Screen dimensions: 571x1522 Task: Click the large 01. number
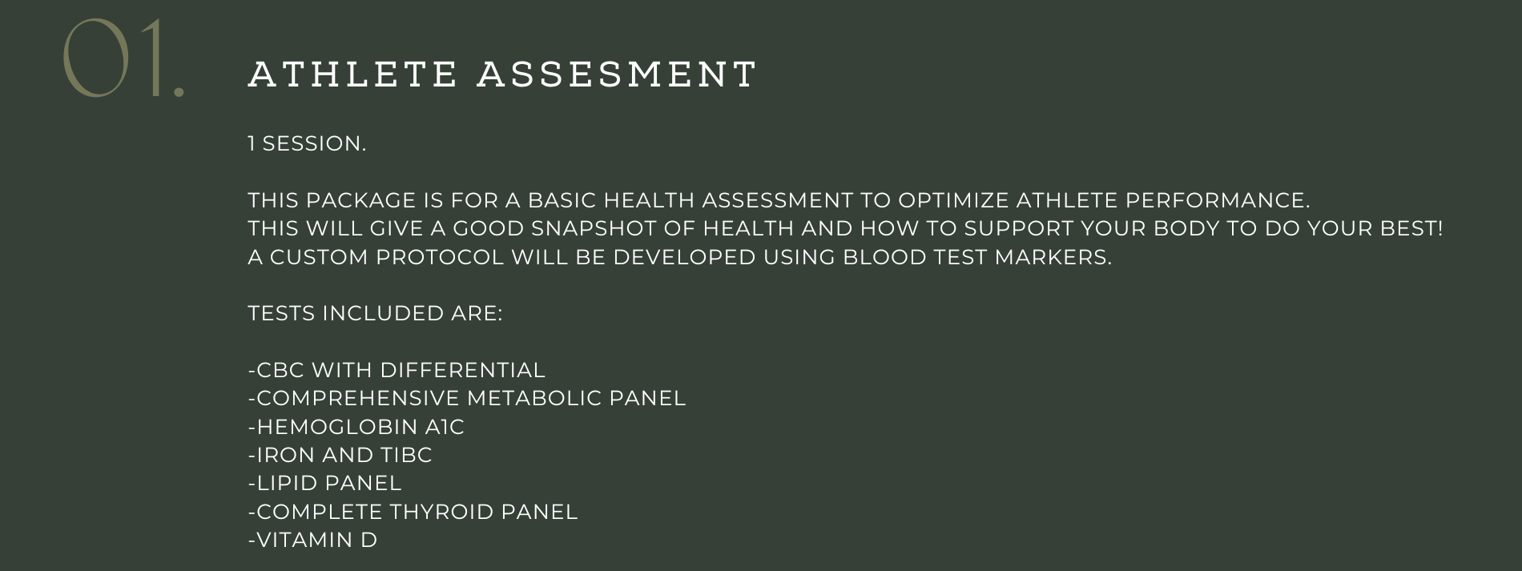[x=123, y=59]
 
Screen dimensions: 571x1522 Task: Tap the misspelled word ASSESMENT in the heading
[x=617, y=74]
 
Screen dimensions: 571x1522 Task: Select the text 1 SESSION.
[x=307, y=144]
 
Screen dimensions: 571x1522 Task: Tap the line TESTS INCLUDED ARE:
[x=375, y=314]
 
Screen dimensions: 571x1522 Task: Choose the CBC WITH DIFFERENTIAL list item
[x=397, y=371]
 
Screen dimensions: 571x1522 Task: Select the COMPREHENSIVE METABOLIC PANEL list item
[x=467, y=399]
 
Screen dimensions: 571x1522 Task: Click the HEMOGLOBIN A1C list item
[x=356, y=427]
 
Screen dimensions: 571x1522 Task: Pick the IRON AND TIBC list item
[x=340, y=456]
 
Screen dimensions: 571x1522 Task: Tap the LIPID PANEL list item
[x=324, y=484]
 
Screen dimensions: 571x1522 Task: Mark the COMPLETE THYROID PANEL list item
[x=413, y=512]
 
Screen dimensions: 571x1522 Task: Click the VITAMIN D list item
[x=312, y=541]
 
